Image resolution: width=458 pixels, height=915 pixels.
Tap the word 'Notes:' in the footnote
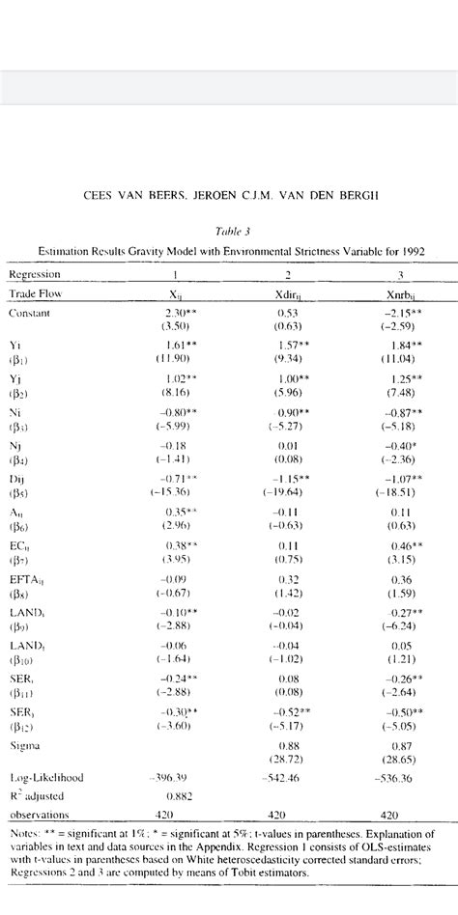pos(25,832)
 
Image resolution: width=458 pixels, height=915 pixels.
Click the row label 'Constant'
pos(31,313)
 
